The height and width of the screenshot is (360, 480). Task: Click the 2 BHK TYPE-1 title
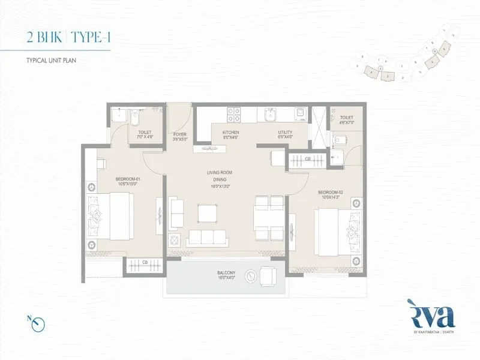(x=69, y=37)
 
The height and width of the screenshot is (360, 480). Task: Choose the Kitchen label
(x=231, y=134)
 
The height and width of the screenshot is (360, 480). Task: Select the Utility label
(x=285, y=134)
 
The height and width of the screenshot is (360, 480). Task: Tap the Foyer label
(x=180, y=136)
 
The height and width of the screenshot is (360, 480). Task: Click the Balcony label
(x=226, y=276)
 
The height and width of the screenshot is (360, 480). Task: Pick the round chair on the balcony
(x=266, y=276)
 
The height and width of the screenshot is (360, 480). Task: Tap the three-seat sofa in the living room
(x=207, y=238)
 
